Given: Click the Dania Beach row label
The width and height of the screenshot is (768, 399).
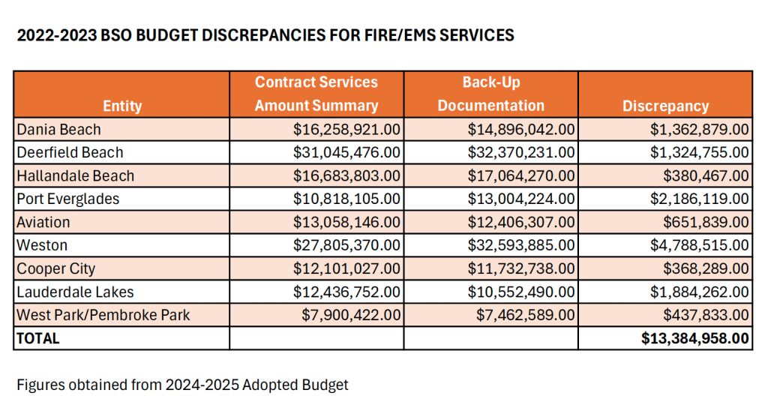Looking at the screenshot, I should tap(58, 130).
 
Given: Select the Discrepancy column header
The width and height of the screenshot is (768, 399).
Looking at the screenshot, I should tap(665, 106).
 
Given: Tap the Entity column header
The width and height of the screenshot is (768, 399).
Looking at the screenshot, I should tap(121, 106).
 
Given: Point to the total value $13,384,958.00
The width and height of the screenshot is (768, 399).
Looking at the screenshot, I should tap(695, 338).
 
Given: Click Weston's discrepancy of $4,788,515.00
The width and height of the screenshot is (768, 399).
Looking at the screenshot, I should tap(699, 245).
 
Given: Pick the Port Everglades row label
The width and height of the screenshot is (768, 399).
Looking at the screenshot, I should tap(68, 199).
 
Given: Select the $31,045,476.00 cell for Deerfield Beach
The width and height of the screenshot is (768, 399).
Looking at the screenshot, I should tap(347, 152).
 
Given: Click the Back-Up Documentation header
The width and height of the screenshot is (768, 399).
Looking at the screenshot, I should tap(490, 94).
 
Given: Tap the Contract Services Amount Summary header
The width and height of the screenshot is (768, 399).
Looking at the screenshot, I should tap(316, 94).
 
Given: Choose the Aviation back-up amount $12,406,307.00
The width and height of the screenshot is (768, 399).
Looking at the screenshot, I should tap(521, 222).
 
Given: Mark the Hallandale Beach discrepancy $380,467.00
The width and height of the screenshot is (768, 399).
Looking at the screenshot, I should tap(704, 175).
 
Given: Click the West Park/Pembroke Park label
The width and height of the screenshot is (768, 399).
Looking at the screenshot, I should tap(103, 315).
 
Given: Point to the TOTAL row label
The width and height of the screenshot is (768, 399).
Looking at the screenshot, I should tap(37, 338).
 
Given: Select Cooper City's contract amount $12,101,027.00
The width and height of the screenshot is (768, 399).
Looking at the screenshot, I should tap(347, 268).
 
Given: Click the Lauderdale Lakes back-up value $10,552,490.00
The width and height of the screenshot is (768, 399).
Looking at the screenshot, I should tap(521, 292).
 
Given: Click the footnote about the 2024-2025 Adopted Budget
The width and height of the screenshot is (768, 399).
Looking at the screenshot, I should tap(182, 385).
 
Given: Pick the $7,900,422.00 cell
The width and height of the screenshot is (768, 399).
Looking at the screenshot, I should tap(352, 315).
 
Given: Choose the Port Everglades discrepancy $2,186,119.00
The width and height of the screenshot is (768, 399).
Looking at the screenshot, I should tap(699, 199).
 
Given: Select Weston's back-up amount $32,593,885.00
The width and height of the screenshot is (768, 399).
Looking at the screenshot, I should tap(521, 245).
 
